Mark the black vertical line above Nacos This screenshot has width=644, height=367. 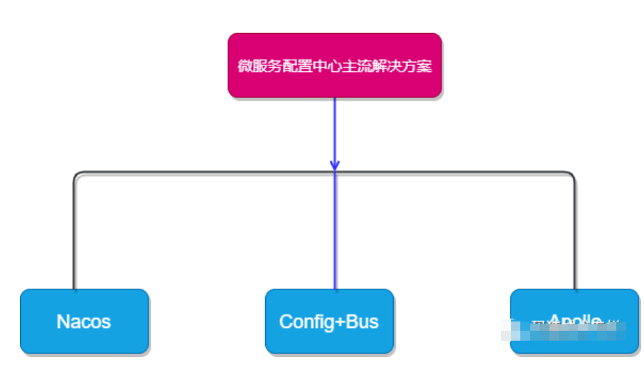click(x=74, y=235)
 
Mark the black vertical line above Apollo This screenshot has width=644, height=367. click(x=574, y=235)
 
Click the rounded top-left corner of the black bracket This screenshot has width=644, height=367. click(x=77, y=174)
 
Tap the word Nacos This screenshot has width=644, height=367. click(x=84, y=321)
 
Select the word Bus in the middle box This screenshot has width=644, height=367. click(x=362, y=321)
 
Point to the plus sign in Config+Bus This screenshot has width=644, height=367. click(x=336, y=322)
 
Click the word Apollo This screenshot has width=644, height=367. click(x=575, y=320)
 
